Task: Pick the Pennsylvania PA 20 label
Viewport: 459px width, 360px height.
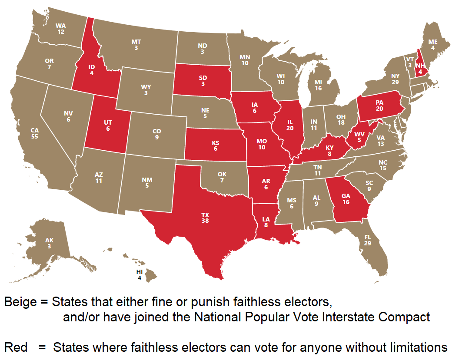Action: [379, 106]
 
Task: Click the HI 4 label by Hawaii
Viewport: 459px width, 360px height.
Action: [140, 275]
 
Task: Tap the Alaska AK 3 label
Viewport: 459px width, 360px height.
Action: [50, 243]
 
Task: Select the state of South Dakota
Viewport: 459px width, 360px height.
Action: [202, 80]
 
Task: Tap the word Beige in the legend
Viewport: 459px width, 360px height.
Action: [20, 301]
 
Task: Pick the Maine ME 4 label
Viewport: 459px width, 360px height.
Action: [432, 45]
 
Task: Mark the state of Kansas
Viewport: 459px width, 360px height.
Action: [215, 145]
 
